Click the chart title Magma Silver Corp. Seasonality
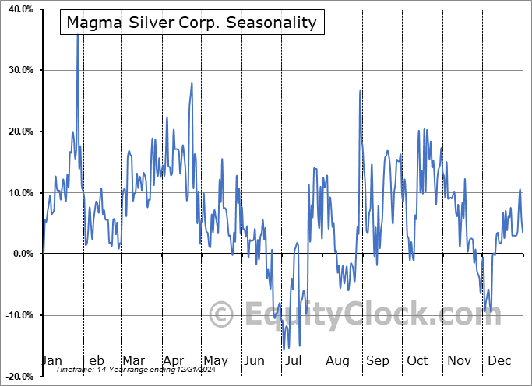192,23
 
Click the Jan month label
52,361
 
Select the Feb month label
93,361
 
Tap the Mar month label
133,361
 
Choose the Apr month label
173,361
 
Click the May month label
215,361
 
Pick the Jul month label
294,361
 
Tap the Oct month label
417,361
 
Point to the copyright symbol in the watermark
222,314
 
